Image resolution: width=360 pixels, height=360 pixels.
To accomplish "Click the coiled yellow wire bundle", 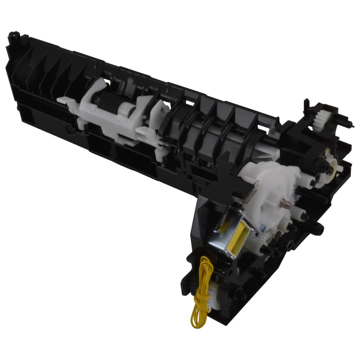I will (200, 291).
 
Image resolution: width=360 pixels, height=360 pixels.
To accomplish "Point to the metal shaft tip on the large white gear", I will (285, 204).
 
